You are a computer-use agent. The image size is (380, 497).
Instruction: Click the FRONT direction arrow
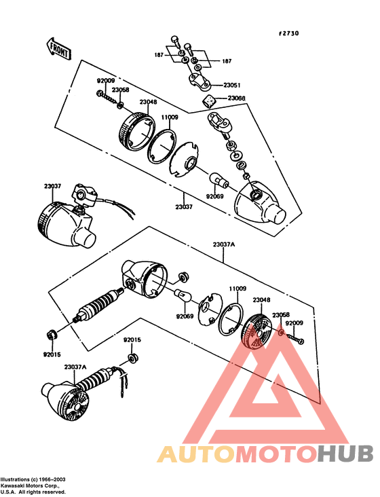pyautogui.click(x=59, y=50)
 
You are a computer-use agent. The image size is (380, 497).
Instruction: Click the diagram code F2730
pyautogui.click(x=288, y=33)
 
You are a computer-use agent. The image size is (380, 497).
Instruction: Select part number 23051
pyautogui.click(x=232, y=86)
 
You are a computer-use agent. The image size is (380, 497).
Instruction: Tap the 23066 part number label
pyautogui.click(x=236, y=98)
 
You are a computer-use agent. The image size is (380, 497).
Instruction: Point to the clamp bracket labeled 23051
pyautogui.click(x=199, y=80)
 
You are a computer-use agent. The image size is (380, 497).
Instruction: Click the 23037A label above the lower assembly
pyautogui.click(x=224, y=244)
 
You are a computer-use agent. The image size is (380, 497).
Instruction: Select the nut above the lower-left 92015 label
pyautogui.click(x=52, y=334)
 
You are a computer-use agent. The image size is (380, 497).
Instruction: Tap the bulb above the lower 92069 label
pyautogui.click(x=183, y=295)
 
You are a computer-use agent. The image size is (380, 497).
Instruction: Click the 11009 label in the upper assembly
pyautogui.click(x=170, y=117)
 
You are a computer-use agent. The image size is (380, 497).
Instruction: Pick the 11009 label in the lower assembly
pyautogui.click(x=237, y=289)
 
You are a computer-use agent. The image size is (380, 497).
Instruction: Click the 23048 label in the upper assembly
pyautogui.click(x=148, y=102)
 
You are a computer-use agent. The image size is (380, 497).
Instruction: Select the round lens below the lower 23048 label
pyautogui.click(x=256, y=331)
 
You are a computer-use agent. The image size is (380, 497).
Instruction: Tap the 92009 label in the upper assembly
pyautogui.click(x=106, y=81)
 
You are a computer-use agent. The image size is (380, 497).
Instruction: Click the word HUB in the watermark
pyautogui.click(x=345, y=454)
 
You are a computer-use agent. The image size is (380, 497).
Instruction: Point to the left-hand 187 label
pyautogui.click(x=159, y=55)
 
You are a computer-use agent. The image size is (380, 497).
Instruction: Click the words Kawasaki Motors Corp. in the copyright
pyautogui.click(x=29, y=485)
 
